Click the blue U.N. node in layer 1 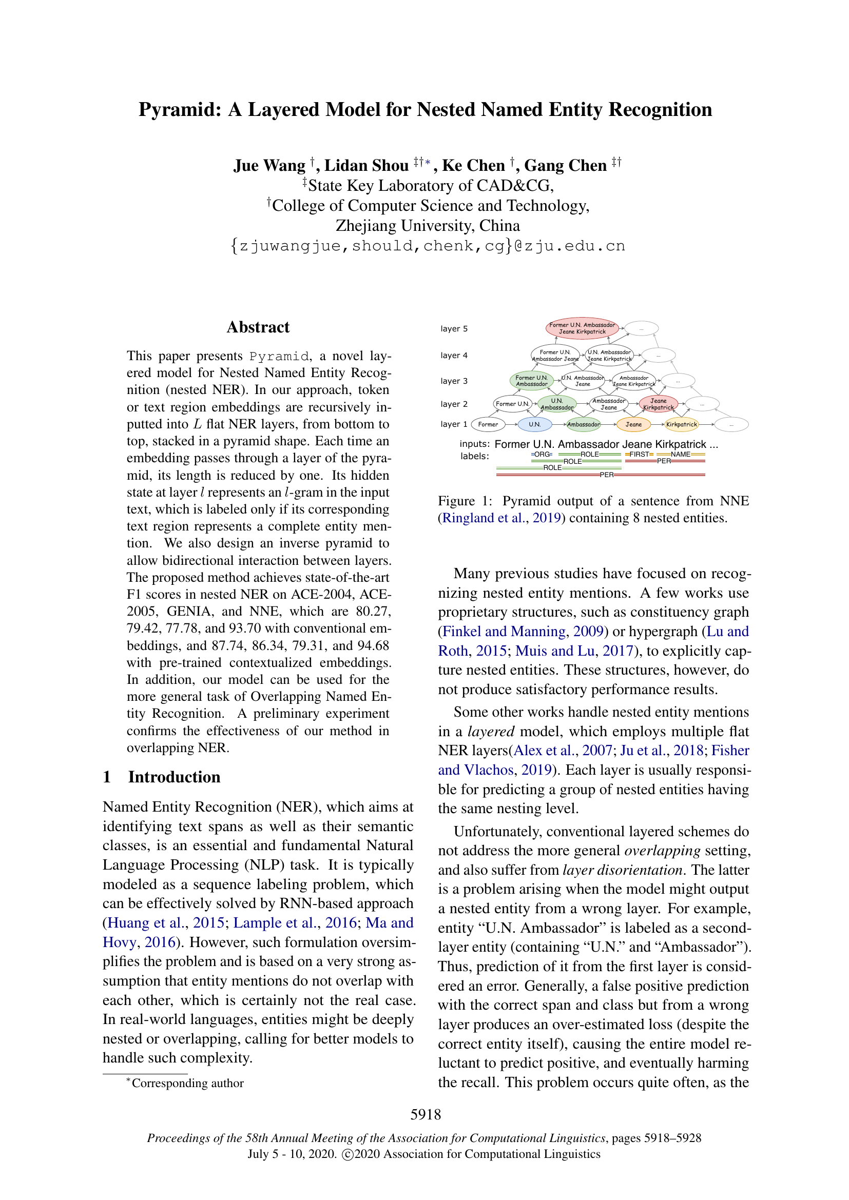[534, 424]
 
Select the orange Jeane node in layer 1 [633, 424]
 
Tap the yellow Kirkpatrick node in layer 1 [681, 424]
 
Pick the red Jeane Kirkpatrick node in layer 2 [658, 404]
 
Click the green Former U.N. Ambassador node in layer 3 [531, 381]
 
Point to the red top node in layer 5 [582, 328]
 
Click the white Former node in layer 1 [488, 424]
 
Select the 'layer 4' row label [454, 356]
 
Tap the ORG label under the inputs [542, 454]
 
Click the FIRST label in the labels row [639, 454]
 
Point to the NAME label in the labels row [680, 454]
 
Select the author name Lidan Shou [366, 166]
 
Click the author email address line [427, 246]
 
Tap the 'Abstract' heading [258, 327]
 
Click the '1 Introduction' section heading [162, 777]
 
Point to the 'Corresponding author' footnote [187, 1083]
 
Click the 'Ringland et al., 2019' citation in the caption [501, 518]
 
